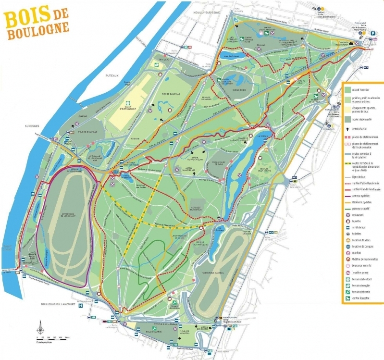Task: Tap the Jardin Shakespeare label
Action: click(178, 169)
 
